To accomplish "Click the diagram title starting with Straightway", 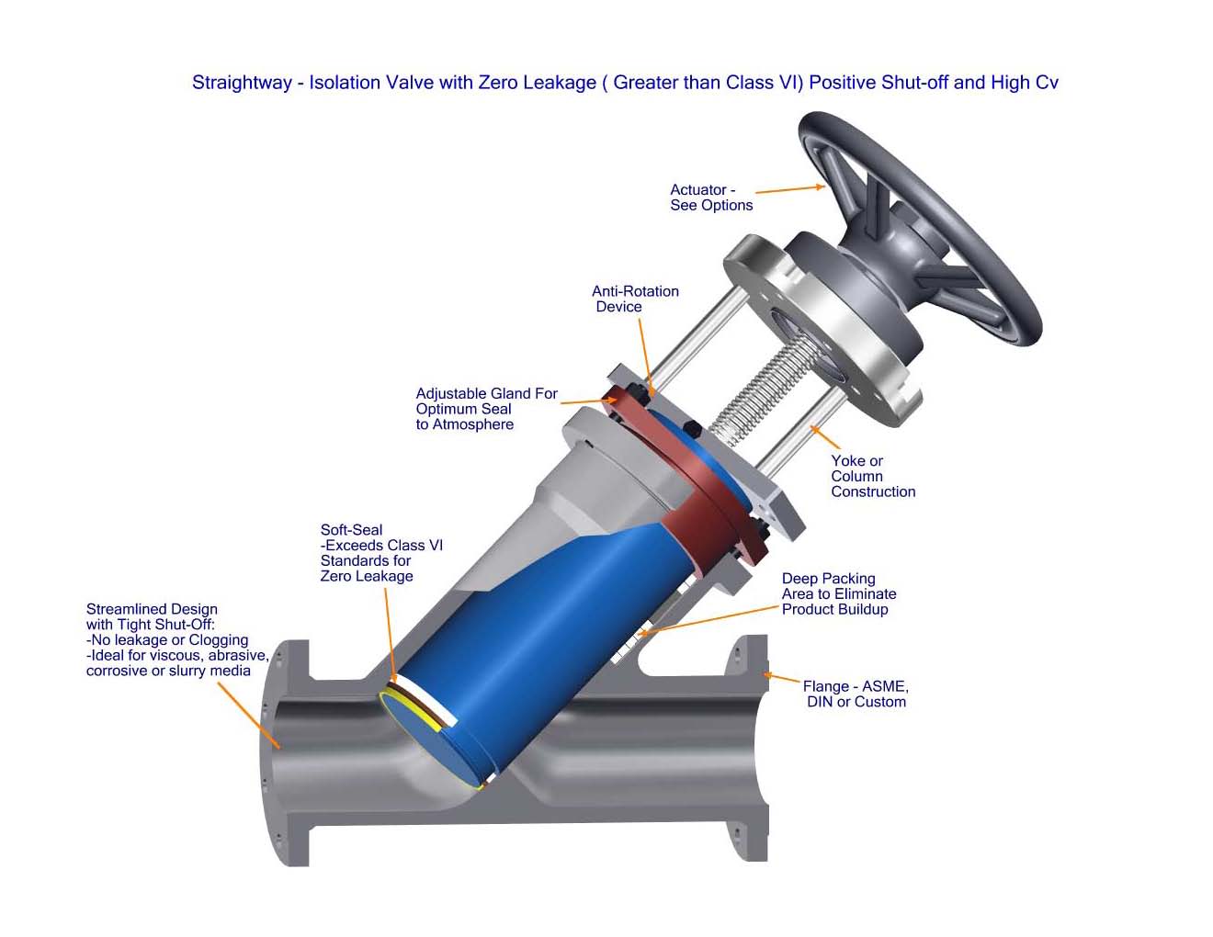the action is (x=625, y=83).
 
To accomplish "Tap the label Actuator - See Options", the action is (x=711, y=198).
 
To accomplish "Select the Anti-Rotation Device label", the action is (x=635, y=299).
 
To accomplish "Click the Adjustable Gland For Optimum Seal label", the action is (x=486, y=409).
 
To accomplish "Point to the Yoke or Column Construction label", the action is (x=873, y=476).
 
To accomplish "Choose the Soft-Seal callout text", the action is (x=381, y=552).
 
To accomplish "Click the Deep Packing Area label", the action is (x=839, y=593).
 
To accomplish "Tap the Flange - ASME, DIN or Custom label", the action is (x=856, y=694).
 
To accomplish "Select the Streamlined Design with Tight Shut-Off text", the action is (x=177, y=639).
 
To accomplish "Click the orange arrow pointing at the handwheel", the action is (x=790, y=189).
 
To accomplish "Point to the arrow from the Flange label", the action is (x=781, y=678).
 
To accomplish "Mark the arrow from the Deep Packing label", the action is (x=709, y=620).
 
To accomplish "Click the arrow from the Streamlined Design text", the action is (x=249, y=716).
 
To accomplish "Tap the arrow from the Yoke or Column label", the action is (x=825, y=437).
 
